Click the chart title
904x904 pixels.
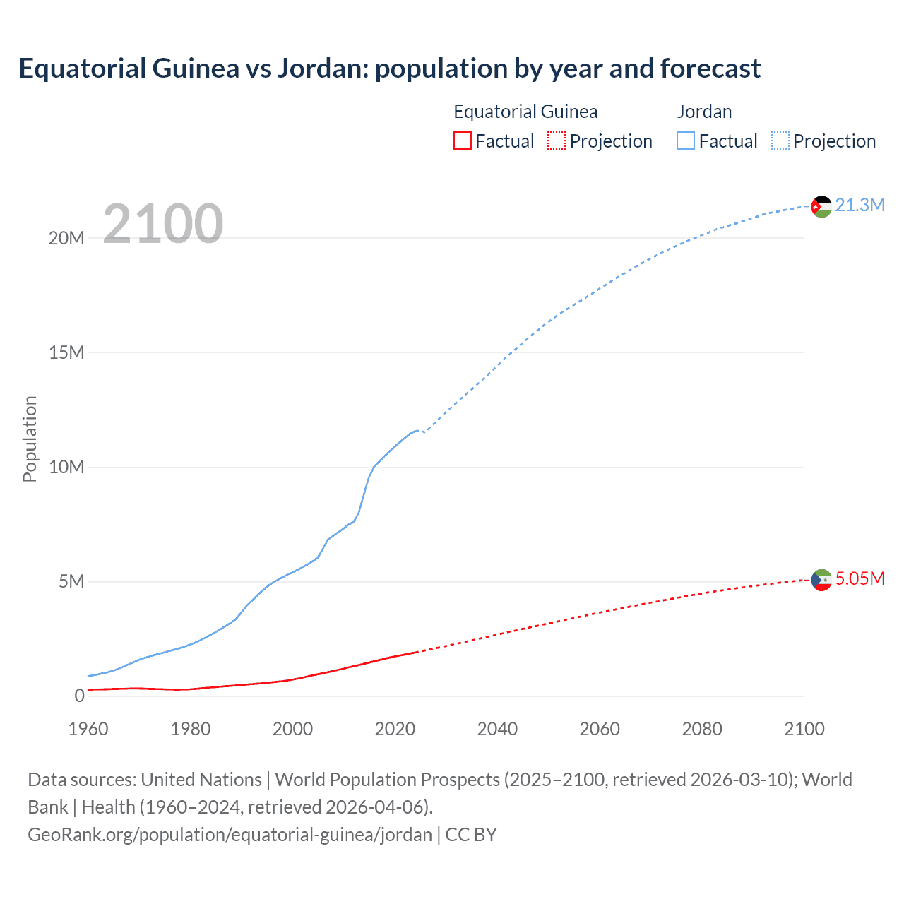389,69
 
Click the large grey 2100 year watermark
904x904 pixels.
163,223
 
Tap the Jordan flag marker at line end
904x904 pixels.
821,206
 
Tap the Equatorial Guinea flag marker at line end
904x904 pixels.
821,580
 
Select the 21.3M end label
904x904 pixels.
860,205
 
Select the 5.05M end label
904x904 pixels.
860,578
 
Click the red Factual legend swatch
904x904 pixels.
463,141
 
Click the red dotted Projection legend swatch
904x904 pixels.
557,141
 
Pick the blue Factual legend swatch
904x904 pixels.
686,141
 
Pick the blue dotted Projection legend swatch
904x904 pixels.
780,141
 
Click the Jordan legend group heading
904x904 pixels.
704,112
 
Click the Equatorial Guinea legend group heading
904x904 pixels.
525,112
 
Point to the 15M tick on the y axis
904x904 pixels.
66,352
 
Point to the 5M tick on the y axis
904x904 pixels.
71,581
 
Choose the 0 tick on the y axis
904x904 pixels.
79,696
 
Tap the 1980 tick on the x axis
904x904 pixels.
191,729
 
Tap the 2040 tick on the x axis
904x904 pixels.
497,729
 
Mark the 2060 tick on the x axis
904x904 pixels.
600,729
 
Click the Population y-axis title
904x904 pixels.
30,439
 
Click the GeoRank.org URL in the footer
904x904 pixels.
230,835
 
